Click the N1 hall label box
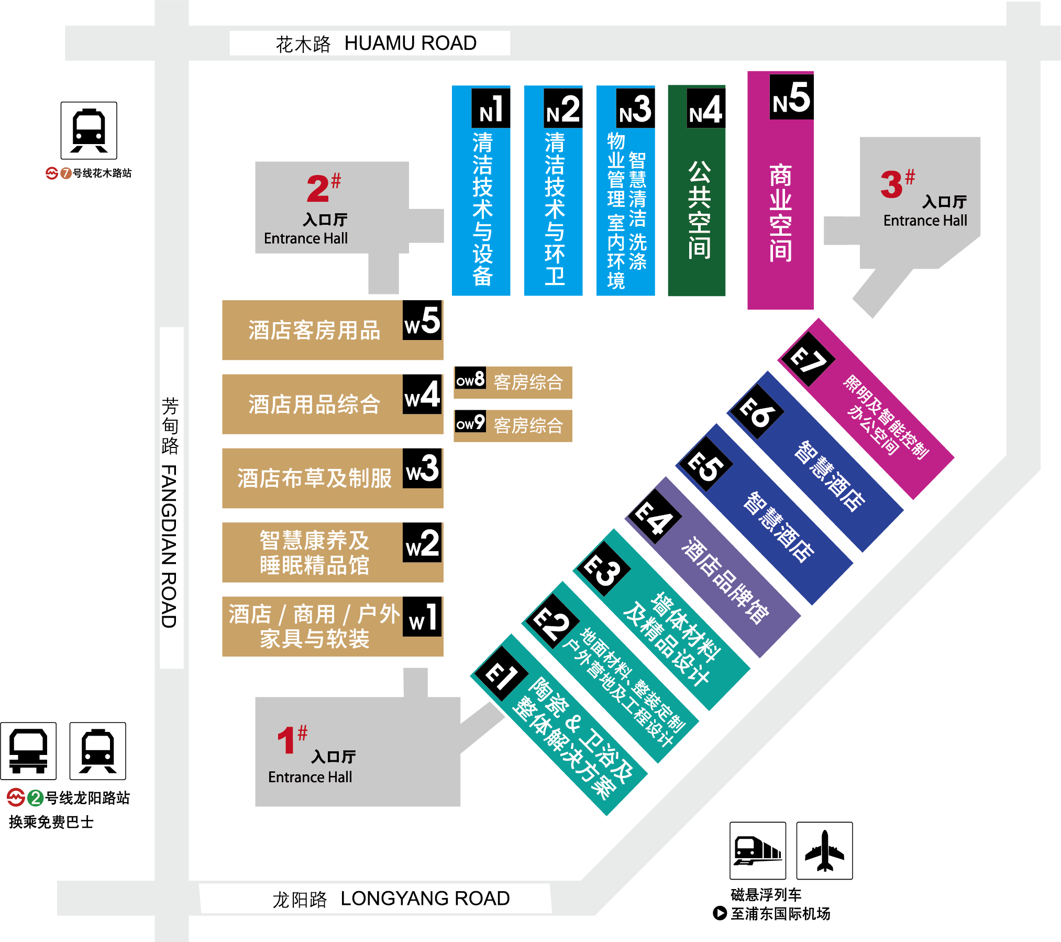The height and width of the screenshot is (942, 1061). point(491,108)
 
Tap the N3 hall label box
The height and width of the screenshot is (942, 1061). point(635,108)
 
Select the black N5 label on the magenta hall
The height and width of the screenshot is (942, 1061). point(791,97)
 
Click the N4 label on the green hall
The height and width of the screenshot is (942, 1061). point(706,108)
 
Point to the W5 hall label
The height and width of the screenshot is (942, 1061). point(422,320)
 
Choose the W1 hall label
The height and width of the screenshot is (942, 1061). point(422,617)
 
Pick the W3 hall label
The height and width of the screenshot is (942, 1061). point(422,468)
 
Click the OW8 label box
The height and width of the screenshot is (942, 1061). point(470,378)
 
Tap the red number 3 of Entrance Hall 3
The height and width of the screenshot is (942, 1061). point(891,184)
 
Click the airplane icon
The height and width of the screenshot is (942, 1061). point(824,850)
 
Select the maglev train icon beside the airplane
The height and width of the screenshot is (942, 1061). point(758,850)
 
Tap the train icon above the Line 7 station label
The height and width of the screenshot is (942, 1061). point(89,130)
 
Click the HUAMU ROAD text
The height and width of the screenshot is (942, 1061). point(411,43)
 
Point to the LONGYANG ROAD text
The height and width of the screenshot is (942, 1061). point(425,898)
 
